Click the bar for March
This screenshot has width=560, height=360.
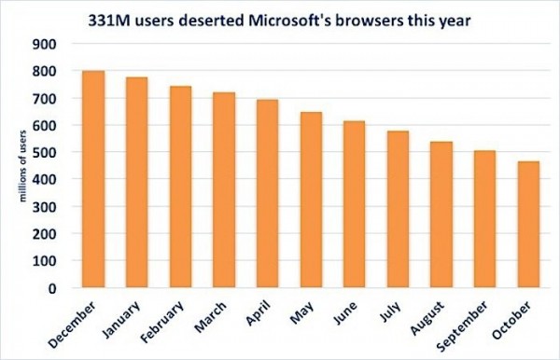pyautogui.click(x=223, y=190)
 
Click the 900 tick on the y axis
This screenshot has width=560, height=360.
pyautogui.click(x=44, y=44)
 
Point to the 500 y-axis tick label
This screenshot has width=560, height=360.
pyautogui.click(x=44, y=152)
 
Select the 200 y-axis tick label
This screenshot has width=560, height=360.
pyautogui.click(x=44, y=234)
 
